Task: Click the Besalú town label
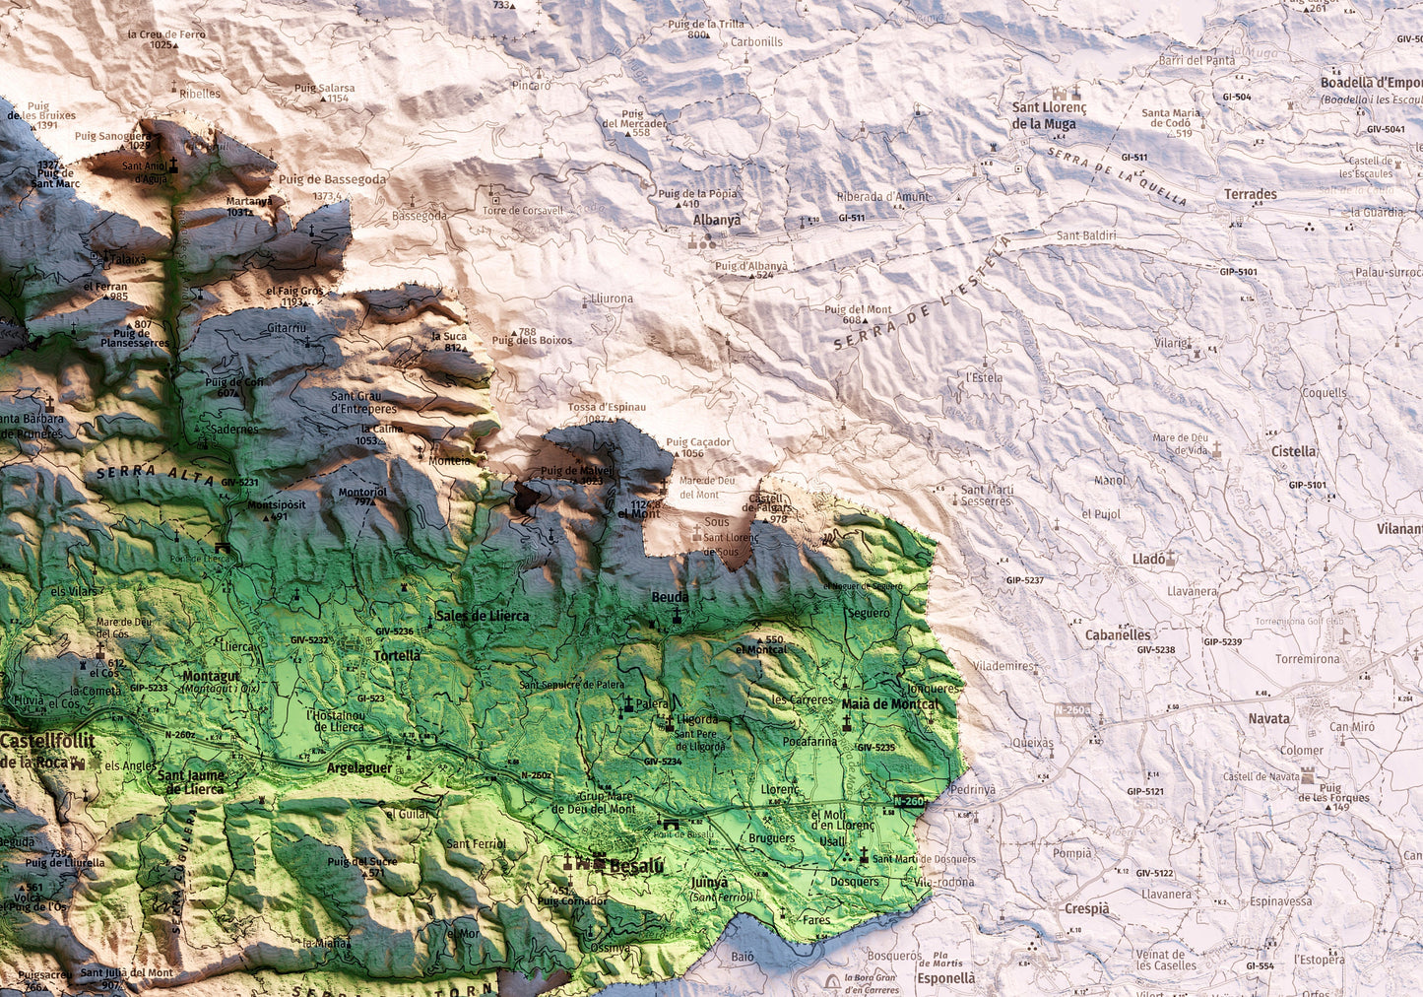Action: [x=636, y=866]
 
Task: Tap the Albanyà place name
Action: [x=716, y=221]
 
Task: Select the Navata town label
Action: [x=1268, y=718]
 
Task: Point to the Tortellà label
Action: [x=397, y=655]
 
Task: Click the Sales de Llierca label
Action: [x=482, y=616]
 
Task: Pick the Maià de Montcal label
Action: [x=890, y=703]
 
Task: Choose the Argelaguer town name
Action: [x=359, y=767]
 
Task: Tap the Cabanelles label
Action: [x=1118, y=635]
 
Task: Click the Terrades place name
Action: [x=1251, y=194]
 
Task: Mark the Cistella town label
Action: [x=1293, y=451]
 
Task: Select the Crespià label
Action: [x=1086, y=908]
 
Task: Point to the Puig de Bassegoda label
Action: [x=332, y=179]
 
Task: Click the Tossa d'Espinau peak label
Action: [x=607, y=407]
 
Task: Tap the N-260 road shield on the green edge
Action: [x=908, y=801]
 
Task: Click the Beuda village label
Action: [x=670, y=597]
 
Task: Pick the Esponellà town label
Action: [x=945, y=978]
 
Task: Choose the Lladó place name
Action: [x=1148, y=559]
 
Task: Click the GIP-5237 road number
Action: [x=1024, y=580]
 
